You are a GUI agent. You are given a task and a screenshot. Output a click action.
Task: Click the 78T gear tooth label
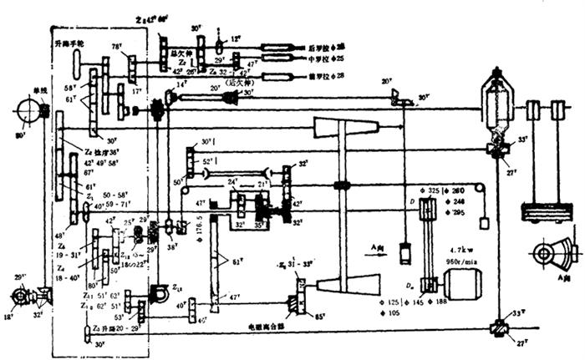(117, 47)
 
